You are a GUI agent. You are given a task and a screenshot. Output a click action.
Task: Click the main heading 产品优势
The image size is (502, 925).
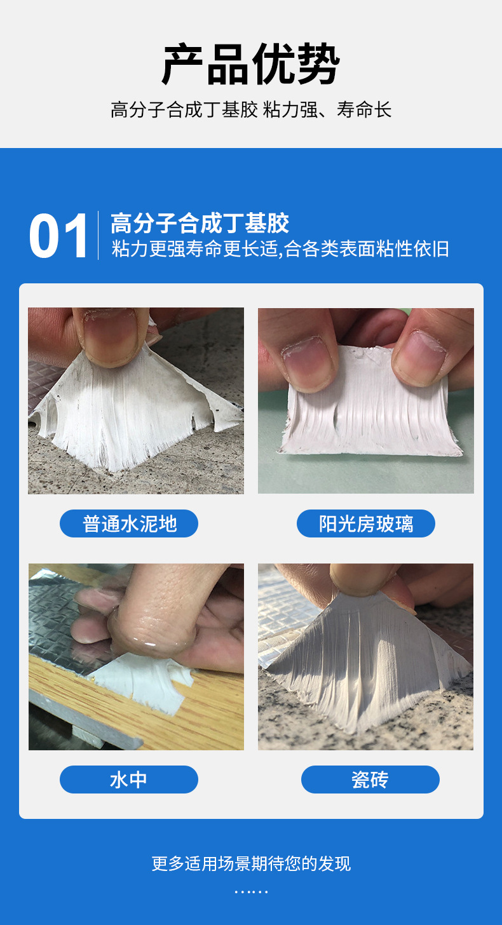click(x=251, y=64)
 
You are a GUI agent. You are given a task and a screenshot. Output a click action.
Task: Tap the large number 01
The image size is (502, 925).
click(x=58, y=236)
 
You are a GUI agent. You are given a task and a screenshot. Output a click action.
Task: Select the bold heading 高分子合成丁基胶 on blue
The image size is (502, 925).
click(x=200, y=223)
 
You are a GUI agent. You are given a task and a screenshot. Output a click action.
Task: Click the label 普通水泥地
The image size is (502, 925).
click(x=130, y=523)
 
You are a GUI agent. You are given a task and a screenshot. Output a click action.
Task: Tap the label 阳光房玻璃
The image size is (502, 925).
click(x=366, y=523)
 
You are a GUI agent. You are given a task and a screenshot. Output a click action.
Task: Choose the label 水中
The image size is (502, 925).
click(x=128, y=780)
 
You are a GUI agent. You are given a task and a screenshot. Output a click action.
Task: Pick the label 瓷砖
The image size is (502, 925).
click(x=370, y=780)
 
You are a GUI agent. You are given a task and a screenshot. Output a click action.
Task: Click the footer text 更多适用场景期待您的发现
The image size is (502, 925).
click(x=251, y=864)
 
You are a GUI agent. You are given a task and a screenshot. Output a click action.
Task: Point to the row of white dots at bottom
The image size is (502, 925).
click(x=251, y=892)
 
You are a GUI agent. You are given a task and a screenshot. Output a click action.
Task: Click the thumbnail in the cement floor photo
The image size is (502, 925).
click(x=111, y=334)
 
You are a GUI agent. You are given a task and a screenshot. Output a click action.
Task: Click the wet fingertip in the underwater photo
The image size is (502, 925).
click(x=153, y=631)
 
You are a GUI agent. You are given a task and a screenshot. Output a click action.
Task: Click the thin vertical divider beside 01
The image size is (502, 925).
click(x=98, y=235)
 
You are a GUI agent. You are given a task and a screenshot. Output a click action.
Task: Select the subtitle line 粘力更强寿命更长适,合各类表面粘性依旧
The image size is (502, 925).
click(x=280, y=249)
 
